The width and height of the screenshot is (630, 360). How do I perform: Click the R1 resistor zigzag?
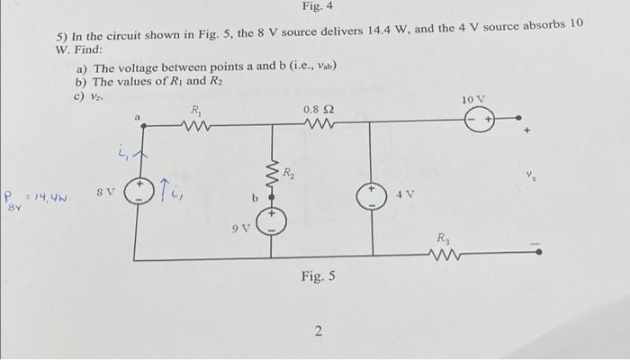click(x=196, y=126)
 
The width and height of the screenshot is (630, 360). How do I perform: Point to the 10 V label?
click(x=473, y=97)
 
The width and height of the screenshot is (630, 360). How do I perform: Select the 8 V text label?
click(x=106, y=193)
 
